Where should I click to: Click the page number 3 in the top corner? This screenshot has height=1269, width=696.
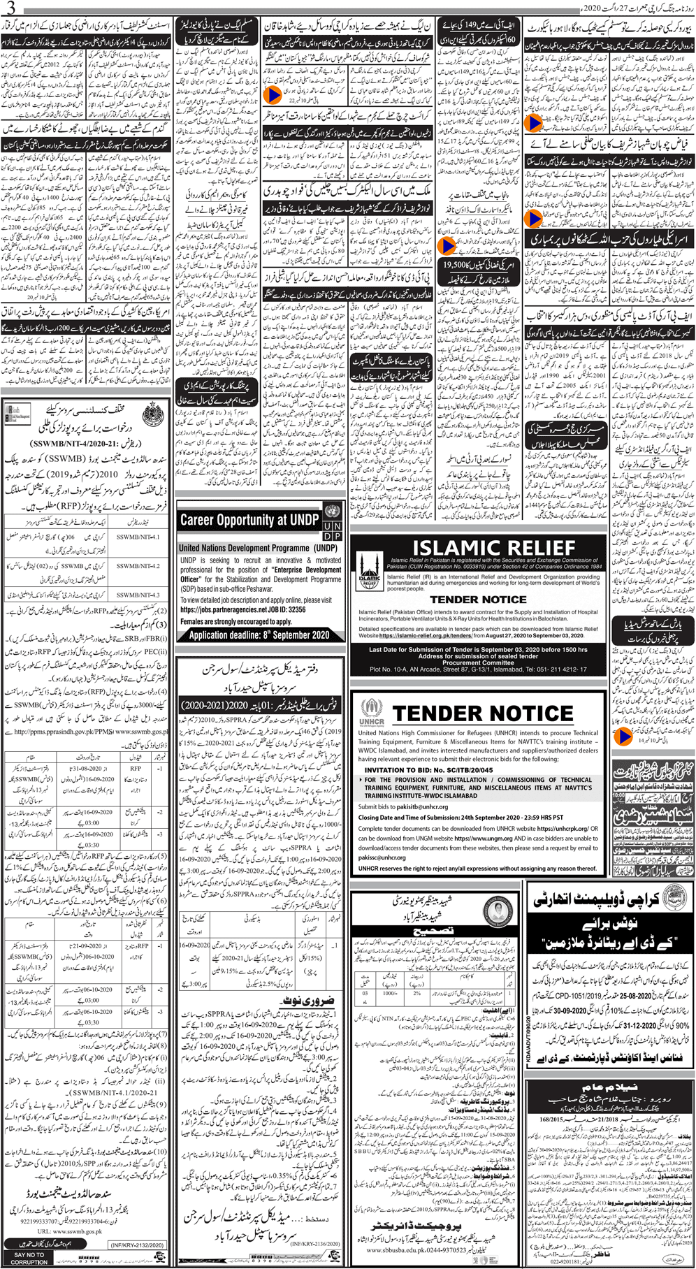tap(10, 8)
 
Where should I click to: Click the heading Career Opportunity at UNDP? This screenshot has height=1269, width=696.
tap(249, 520)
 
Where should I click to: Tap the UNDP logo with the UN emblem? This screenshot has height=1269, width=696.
tap(333, 521)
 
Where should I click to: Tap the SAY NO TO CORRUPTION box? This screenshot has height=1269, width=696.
tap(29, 1256)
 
